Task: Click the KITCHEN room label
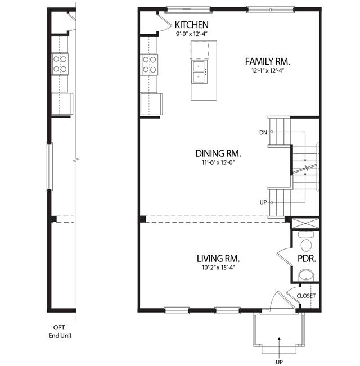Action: pos(191,25)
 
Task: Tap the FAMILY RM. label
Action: pos(268,62)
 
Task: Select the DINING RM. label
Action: pos(218,153)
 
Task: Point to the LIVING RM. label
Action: pos(218,259)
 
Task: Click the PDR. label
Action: pos(307,259)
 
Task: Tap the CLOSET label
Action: pos(306,296)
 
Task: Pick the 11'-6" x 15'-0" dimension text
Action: pos(218,162)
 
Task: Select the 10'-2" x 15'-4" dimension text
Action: pos(218,268)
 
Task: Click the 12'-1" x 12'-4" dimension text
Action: pos(268,70)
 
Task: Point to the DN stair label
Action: pos(263,133)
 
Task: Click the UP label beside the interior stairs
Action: pos(263,202)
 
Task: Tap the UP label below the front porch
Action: pos(279,362)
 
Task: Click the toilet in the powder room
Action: pos(307,242)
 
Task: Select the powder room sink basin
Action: pos(307,275)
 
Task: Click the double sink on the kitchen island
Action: pos(199,71)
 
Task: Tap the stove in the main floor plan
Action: pos(149,65)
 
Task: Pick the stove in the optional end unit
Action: pos(60,64)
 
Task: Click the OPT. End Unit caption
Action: pos(60,332)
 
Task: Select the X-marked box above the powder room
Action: pos(305,223)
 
